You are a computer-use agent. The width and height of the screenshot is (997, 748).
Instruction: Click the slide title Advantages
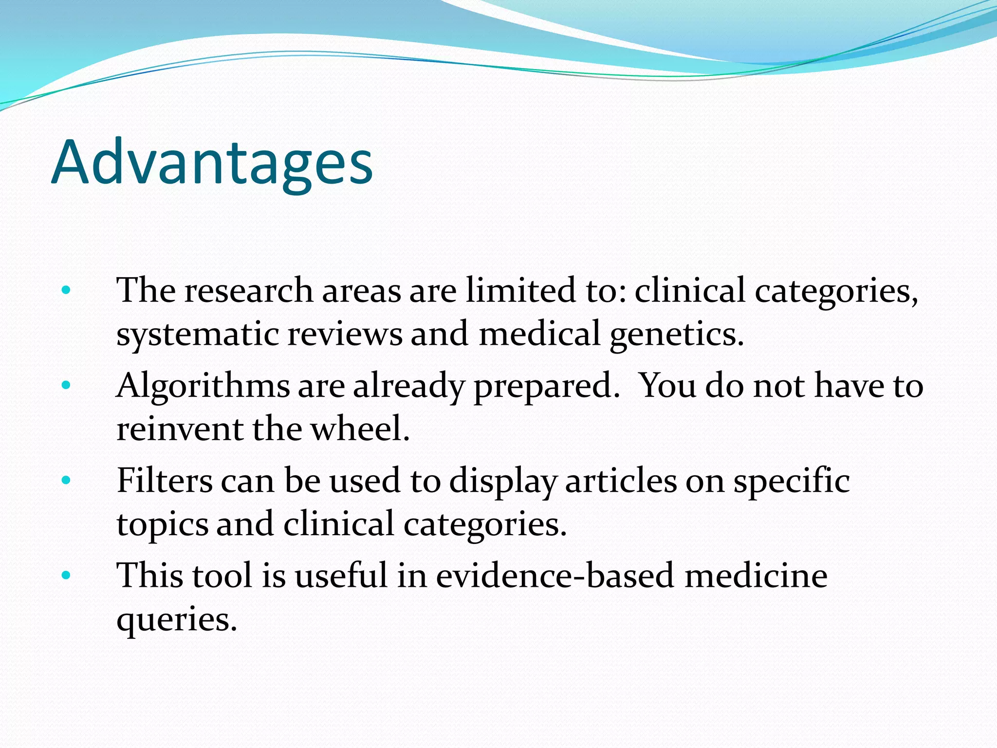[212, 162]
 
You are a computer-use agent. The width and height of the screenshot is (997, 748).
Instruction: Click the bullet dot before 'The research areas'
[66, 291]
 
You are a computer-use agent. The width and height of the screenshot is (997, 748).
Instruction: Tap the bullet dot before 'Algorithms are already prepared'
[66, 386]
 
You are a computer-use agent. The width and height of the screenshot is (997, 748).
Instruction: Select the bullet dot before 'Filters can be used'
[66, 481]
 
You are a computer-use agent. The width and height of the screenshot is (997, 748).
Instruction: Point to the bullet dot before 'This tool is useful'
[66, 576]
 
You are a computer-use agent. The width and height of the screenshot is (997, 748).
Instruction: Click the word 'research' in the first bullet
[248, 291]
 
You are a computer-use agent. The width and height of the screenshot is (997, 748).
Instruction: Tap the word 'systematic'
[198, 335]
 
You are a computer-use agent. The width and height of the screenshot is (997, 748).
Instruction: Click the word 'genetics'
[677, 335]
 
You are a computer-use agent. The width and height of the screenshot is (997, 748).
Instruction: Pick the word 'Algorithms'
[203, 386]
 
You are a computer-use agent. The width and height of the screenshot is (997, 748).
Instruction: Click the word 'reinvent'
[180, 429]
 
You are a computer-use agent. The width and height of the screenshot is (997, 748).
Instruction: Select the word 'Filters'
[165, 481]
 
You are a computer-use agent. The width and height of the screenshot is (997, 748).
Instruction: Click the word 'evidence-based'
[555, 576]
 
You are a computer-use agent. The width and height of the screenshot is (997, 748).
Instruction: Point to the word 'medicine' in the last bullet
[756, 576]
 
